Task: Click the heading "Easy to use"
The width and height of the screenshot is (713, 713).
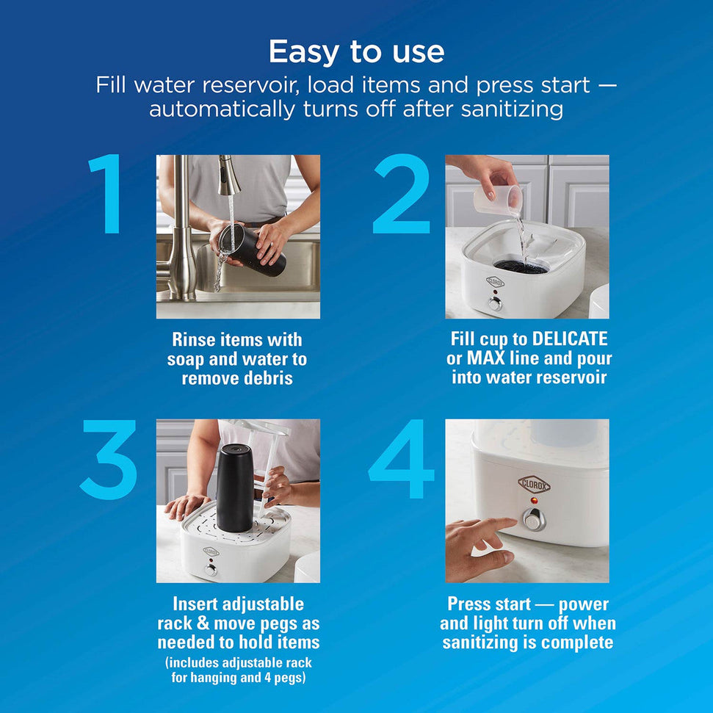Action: [356, 52]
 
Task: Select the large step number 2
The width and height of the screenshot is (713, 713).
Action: [401, 194]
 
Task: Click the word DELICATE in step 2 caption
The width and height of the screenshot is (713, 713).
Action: [570, 339]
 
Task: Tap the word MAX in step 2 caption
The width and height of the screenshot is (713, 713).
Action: [484, 359]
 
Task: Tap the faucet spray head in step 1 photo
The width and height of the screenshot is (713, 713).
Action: [230, 175]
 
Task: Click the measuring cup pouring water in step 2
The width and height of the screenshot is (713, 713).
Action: [499, 198]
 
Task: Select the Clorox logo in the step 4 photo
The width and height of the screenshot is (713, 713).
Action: [534, 484]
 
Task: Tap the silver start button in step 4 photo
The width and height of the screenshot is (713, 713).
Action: [533, 520]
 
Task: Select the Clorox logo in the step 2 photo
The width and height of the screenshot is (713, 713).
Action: [495, 281]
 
